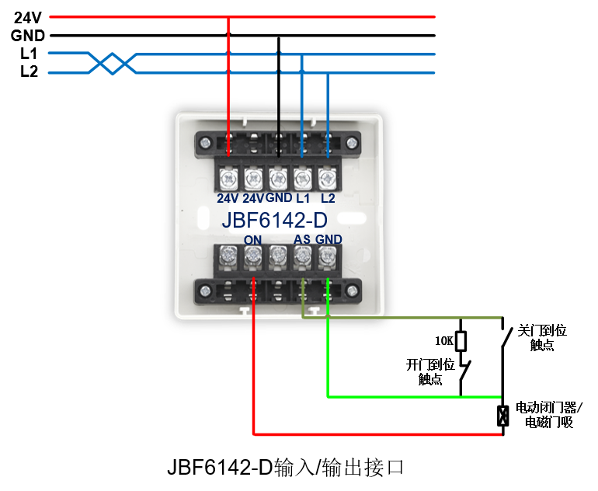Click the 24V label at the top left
pyautogui.click(x=26, y=16)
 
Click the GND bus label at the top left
pyautogui.click(x=28, y=35)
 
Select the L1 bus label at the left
pyautogui.click(x=29, y=54)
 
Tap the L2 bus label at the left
pyautogui.click(x=29, y=72)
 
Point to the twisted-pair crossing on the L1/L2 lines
pyautogui.click(x=113, y=63)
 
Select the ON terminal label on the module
pyautogui.click(x=252, y=239)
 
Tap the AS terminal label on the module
pyautogui.click(x=303, y=239)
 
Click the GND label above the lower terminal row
pyautogui.click(x=329, y=239)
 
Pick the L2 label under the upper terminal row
pyautogui.click(x=328, y=197)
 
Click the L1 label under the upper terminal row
pyautogui.click(x=302, y=197)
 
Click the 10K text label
pyautogui.click(x=443, y=340)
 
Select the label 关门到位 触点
pyautogui.click(x=542, y=338)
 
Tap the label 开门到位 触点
pyautogui.click(x=430, y=371)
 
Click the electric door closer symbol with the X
pyautogui.click(x=502, y=416)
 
